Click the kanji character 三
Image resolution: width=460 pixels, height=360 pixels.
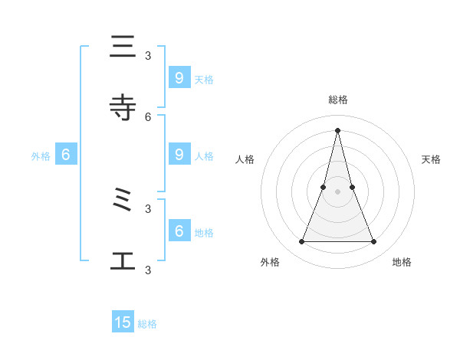click(x=123, y=47)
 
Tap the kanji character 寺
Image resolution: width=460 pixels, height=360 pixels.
click(x=123, y=108)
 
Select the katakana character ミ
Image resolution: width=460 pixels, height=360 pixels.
click(x=123, y=201)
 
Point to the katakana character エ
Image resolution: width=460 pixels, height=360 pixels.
click(x=123, y=261)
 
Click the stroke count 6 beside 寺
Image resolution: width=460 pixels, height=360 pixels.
click(x=148, y=116)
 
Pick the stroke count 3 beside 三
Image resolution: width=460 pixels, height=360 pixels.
click(x=148, y=55)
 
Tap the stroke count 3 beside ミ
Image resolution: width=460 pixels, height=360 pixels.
click(x=148, y=208)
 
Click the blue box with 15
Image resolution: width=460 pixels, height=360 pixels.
click(x=123, y=322)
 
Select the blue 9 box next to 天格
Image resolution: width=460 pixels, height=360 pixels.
click(x=179, y=77)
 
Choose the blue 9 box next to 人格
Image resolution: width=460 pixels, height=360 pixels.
click(x=179, y=154)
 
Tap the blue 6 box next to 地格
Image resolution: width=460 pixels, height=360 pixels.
click(x=179, y=231)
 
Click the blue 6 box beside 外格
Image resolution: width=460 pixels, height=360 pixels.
click(x=66, y=155)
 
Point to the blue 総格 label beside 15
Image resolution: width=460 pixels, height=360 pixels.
click(x=147, y=324)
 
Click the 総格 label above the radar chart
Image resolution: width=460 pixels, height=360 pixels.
click(x=337, y=100)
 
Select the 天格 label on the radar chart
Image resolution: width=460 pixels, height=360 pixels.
click(x=431, y=159)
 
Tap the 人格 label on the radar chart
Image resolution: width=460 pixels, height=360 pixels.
click(x=245, y=159)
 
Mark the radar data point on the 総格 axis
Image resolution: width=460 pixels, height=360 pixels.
click(x=337, y=130)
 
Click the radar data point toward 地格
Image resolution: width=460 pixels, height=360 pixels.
click(x=374, y=242)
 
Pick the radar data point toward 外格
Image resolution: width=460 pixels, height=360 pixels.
click(x=301, y=242)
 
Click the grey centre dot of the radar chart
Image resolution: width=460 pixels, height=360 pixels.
click(x=337, y=191)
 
